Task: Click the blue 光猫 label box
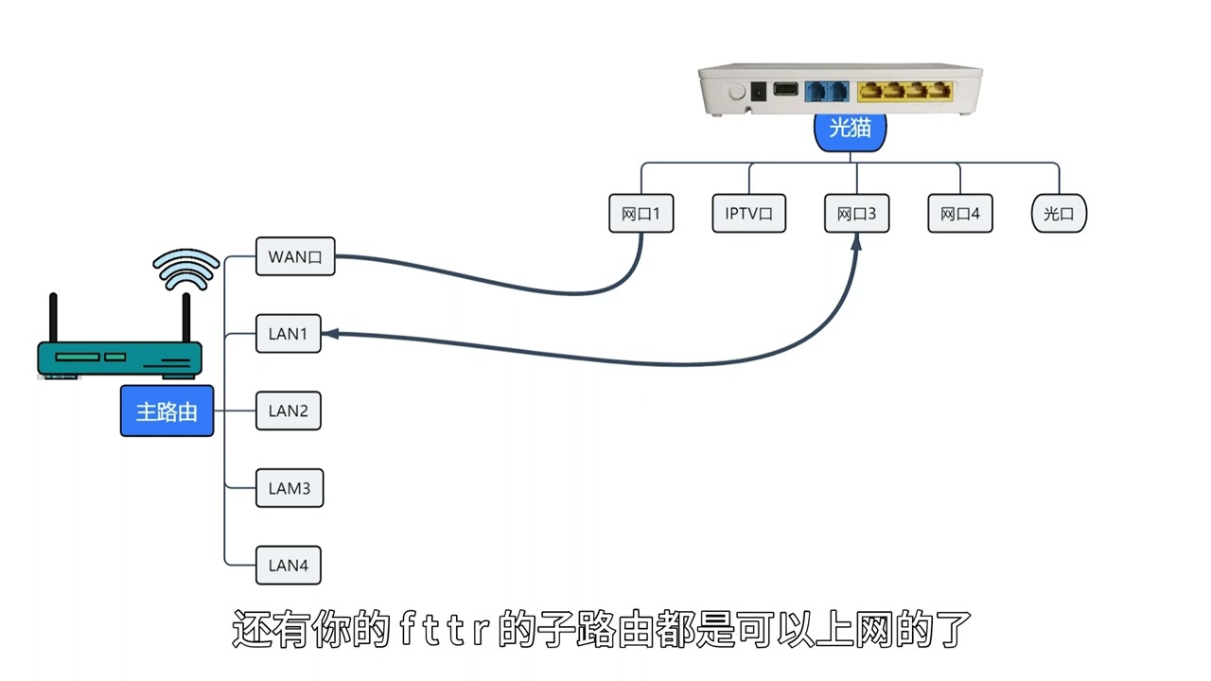click(850, 130)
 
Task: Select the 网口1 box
click(641, 215)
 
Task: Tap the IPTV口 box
click(749, 215)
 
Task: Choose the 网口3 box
click(857, 215)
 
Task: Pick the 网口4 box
click(960, 215)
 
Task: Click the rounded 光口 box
click(1059, 215)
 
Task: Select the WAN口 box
click(295, 256)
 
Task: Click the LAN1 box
click(289, 334)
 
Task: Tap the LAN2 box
click(289, 411)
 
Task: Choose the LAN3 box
click(289, 489)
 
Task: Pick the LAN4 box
click(289, 567)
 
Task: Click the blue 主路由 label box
click(167, 411)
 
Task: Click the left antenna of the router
click(53, 320)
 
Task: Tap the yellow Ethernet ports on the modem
click(904, 92)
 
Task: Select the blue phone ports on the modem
click(826, 92)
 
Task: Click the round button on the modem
click(736, 93)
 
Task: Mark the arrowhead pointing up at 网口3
click(856, 242)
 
